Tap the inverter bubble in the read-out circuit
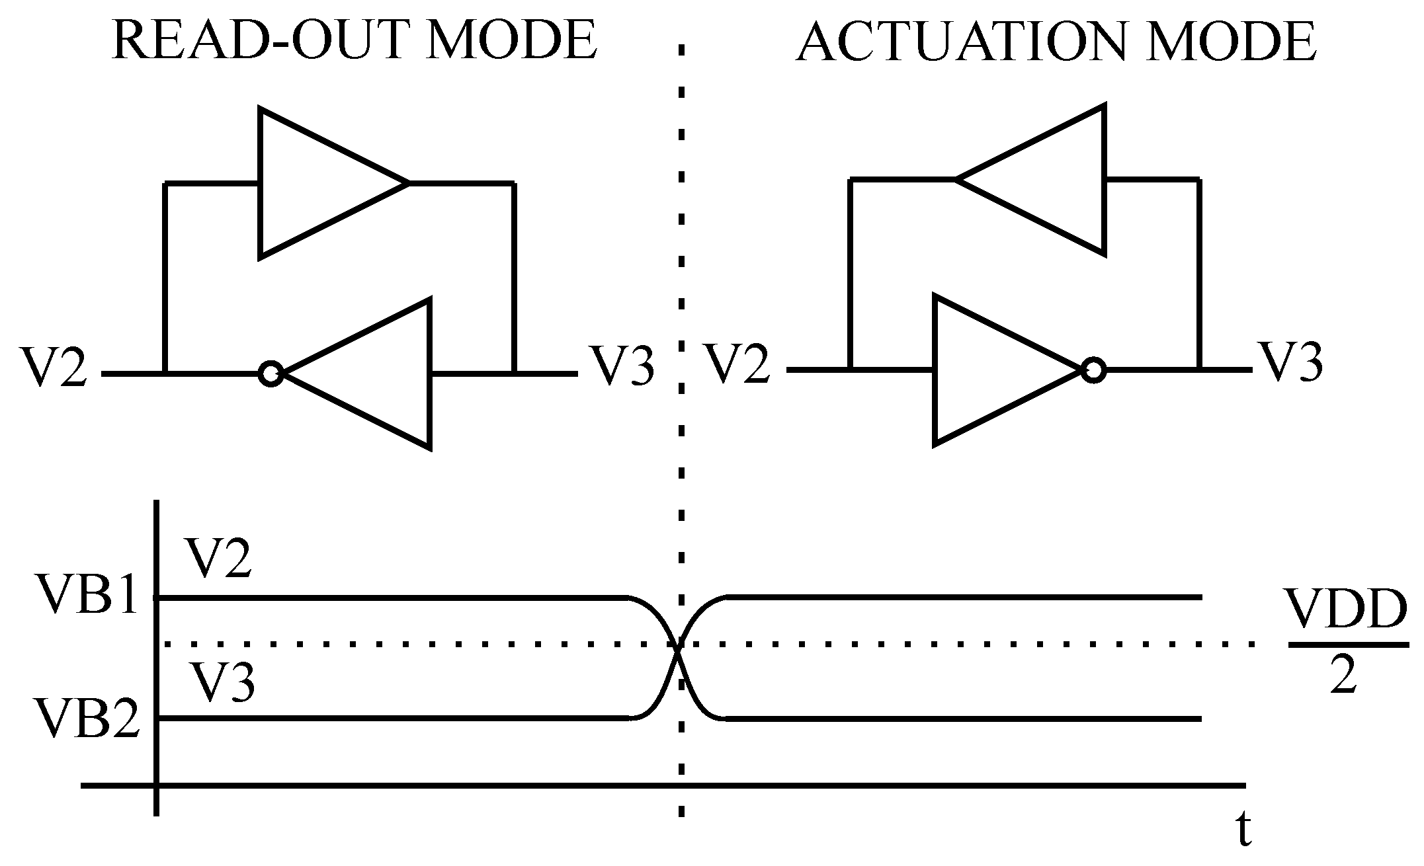(x=271, y=374)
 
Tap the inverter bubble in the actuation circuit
(x=1094, y=370)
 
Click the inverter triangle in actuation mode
(x=992, y=370)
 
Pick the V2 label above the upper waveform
(x=219, y=559)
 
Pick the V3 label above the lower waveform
(x=223, y=682)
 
